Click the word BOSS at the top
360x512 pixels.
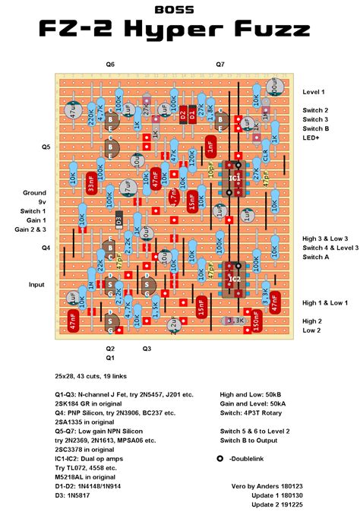click(x=179, y=9)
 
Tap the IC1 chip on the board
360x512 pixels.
click(x=234, y=179)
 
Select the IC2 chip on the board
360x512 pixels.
click(x=234, y=279)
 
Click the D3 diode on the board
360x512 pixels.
click(x=118, y=220)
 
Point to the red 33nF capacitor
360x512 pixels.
click(x=90, y=185)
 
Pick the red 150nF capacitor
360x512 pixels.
click(x=257, y=321)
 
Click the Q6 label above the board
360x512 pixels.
click(x=111, y=65)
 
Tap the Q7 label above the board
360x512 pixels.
click(x=220, y=65)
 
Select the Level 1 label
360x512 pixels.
click(x=314, y=92)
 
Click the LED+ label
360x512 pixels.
click(x=311, y=137)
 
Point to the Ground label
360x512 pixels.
click(x=35, y=193)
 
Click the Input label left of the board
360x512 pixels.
click(x=37, y=284)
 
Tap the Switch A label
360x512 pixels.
click(x=316, y=257)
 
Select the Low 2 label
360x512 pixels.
click(x=311, y=330)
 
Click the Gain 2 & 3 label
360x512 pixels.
click(x=30, y=229)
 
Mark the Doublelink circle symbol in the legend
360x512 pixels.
click(x=221, y=460)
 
